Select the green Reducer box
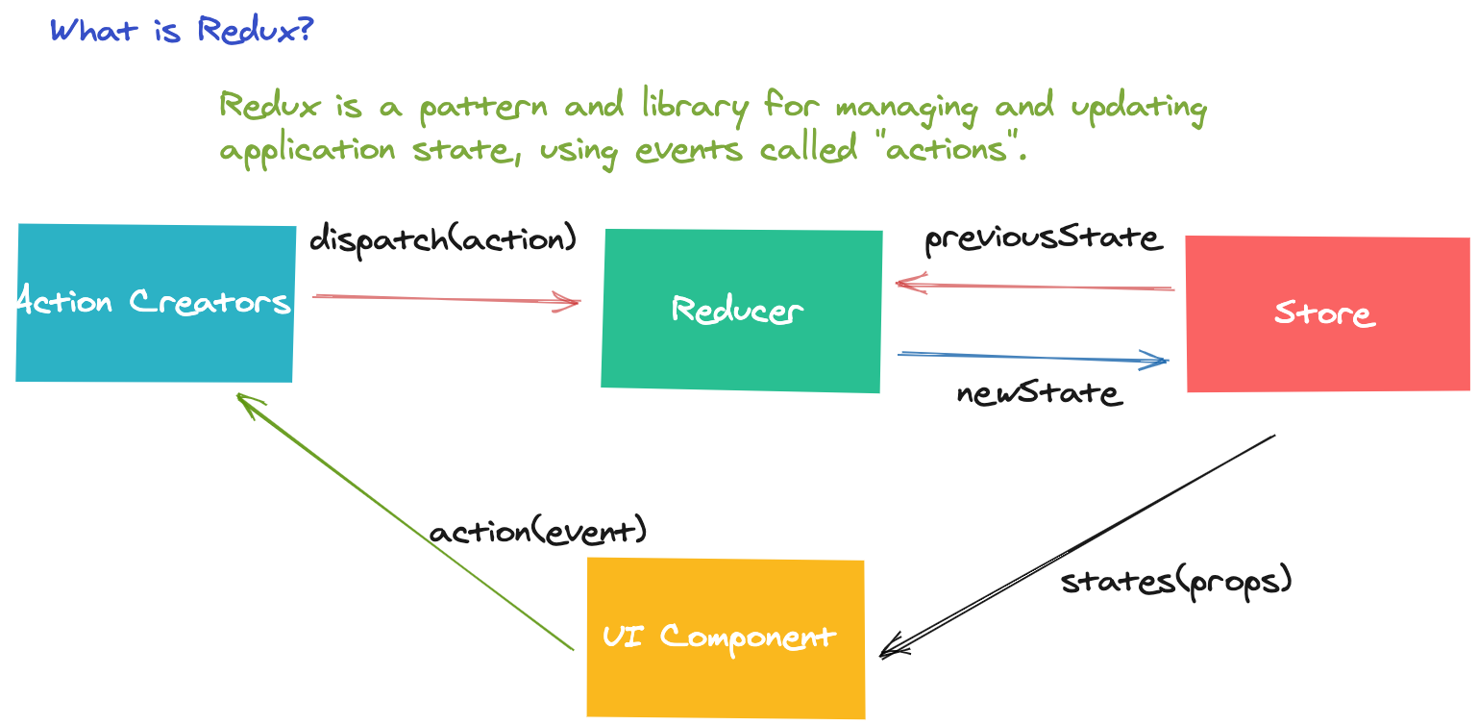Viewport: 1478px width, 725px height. click(740, 310)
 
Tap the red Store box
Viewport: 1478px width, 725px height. click(1326, 313)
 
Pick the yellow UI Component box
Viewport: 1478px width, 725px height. click(725, 637)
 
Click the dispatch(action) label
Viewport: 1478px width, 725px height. click(443, 237)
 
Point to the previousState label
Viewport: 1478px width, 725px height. click(1044, 238)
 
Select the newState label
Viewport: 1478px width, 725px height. click(1039, 392)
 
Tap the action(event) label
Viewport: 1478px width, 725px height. click(538, 532)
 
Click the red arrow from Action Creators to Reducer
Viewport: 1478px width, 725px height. click(447, 300)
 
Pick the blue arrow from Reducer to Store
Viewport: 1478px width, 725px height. click(1033, 358)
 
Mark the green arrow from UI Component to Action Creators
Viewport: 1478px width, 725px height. click(404, 520)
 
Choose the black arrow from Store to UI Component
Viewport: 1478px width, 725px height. click(1076, 546)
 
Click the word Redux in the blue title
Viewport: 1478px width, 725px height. click(255, 30)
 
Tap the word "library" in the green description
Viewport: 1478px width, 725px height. click(693, 107)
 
